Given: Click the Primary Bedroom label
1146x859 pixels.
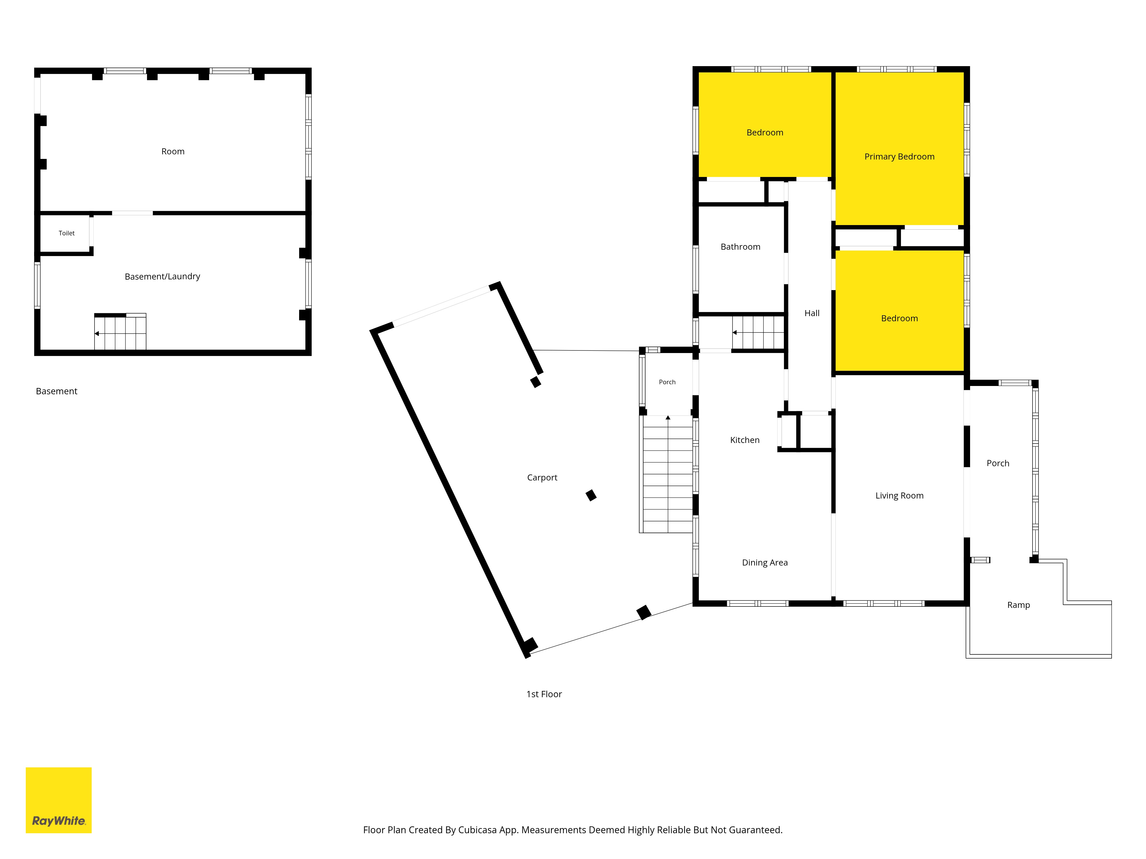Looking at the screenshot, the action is (x=899, y=156).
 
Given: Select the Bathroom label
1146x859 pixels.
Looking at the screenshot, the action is (x=740, y=247).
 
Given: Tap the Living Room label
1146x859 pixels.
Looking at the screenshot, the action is (x=899, y=496).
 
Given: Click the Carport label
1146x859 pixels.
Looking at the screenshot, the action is (x=542, y=477).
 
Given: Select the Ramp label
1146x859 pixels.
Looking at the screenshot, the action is (x=1019, y=605).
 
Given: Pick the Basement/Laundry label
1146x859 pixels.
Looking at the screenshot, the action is (x=162, y=277).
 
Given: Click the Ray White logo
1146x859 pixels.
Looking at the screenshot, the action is (x=58, y=800).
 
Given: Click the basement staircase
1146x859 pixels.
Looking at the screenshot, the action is (x=120, y=331).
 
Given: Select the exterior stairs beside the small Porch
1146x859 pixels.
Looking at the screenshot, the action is (x=668, y=474).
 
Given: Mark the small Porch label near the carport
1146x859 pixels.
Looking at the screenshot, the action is (x=667, y=382).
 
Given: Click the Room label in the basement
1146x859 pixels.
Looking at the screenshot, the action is (x=173, y=151).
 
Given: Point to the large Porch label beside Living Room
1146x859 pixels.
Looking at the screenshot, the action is (x=998, y=463).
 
